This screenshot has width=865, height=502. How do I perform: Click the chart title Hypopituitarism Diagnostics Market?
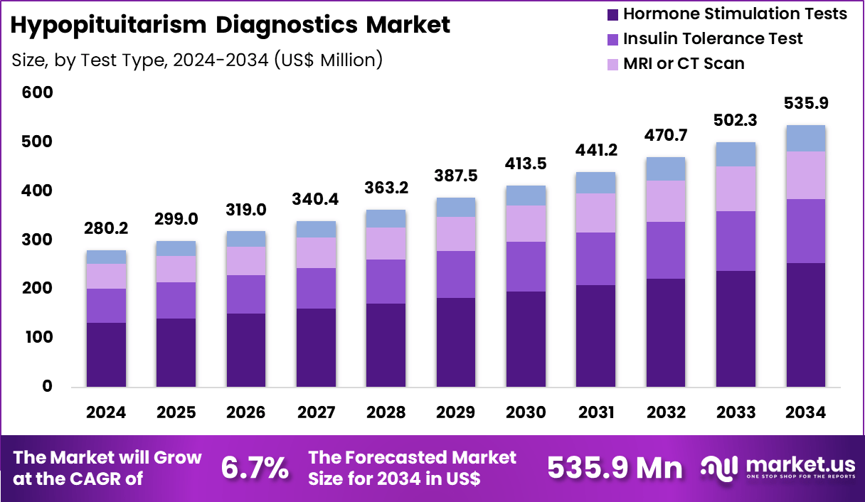point(231,25)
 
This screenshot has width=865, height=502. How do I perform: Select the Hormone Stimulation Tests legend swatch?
point(611,14)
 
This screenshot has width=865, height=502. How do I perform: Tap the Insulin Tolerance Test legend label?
point(713,38)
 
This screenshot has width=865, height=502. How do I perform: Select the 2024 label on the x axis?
point(106,413)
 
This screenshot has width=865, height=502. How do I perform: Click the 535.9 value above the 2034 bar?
point(806,104)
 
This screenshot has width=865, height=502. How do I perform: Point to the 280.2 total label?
point(106,230)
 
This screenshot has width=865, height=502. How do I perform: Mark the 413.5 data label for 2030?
point(525,164)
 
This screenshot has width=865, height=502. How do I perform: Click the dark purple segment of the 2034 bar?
point(806,325)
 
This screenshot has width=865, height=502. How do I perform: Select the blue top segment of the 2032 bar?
point(666,169)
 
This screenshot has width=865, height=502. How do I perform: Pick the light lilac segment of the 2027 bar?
point(316,252)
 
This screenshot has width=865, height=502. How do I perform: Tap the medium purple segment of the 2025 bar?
point(176,300)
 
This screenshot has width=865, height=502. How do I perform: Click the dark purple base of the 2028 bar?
point(386,345)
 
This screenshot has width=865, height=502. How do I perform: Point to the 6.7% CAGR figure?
point(255,468)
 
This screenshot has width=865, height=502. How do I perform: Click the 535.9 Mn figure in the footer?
point(615,468)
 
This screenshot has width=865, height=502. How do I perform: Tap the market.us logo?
point(778,468)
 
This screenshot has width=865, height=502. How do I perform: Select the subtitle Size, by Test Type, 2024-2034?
point(198,60)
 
